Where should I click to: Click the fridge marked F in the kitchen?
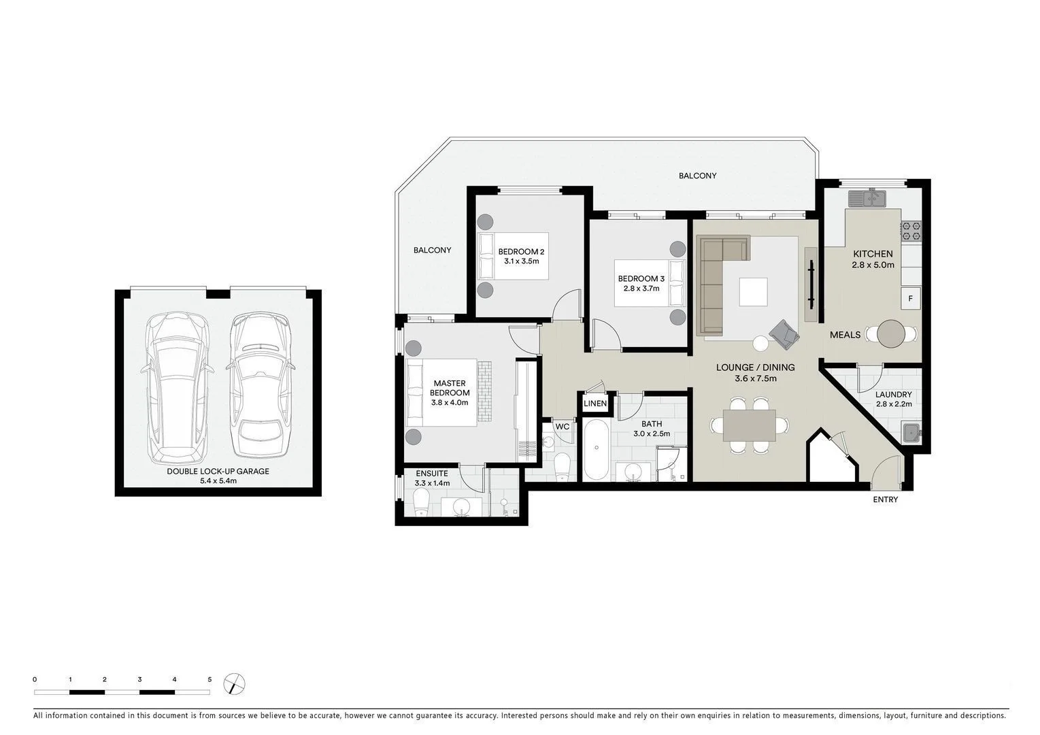coord(911,298)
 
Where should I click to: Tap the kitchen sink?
coord(867,198)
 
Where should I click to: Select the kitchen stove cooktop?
coord(911,231)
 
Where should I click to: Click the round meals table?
coord(891,334)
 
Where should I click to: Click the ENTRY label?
coord(885,500)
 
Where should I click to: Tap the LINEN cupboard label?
coord(595,404)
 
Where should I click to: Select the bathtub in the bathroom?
coord(597,450)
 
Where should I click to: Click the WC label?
coord(562,427)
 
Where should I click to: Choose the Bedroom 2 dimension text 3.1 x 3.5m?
coord(521,261)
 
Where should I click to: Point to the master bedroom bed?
coord(441,392)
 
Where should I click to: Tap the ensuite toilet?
coord(420,504)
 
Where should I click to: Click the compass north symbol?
coord(234,683)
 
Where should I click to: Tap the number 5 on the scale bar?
coord(209,679)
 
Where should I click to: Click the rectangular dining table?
coord(749,425)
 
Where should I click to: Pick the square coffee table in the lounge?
coord(753,292)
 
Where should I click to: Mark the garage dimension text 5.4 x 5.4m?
coord(218,481)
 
